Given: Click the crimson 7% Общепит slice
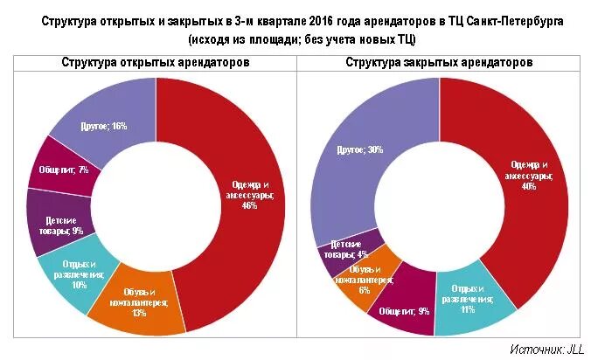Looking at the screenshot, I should pos(63,170).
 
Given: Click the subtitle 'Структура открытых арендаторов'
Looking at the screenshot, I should pos(156,63).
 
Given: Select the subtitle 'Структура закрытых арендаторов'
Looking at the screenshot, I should pos(439,63).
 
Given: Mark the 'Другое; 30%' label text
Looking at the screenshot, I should pos(360,149).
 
